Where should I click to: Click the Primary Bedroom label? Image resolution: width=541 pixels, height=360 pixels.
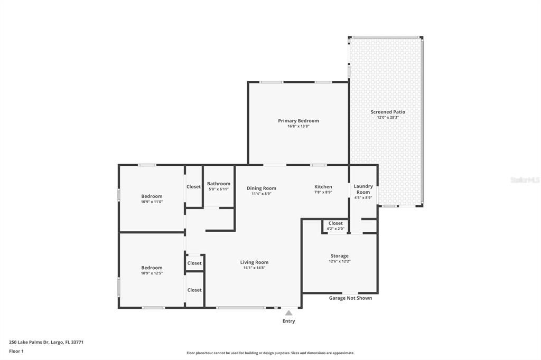pos(299,121)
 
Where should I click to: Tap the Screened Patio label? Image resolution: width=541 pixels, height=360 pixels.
pos(388,112)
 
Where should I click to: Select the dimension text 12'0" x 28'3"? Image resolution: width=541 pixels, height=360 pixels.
pos(388,118)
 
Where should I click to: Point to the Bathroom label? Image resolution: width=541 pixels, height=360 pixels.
pos(218,184)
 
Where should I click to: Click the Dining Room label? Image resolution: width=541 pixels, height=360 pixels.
pos(262,188)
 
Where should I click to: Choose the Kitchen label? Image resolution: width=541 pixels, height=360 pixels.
pos(323,187)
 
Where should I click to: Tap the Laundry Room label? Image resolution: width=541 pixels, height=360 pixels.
pos(363,189)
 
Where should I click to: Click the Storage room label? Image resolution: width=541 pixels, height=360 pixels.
pos(340,256)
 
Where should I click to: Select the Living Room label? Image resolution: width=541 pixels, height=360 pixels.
pos(254,262)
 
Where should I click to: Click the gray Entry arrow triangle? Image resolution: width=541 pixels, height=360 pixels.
pos(288,313)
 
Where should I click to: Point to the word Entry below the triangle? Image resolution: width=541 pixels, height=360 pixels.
pos(288,321)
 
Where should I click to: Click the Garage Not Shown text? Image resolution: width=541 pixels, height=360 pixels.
pos(350,298)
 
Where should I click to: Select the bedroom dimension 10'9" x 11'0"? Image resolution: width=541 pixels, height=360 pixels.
pos(152,202)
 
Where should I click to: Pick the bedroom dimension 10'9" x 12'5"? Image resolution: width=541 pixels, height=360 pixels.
pos(152,273)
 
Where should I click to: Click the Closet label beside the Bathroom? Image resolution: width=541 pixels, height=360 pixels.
pos(193,186)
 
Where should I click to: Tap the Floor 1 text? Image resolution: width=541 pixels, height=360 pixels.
pos(17,351)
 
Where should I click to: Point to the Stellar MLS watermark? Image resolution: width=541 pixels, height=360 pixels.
pos(524,180)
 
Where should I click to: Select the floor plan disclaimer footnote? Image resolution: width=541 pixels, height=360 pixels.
pos(270,353)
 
